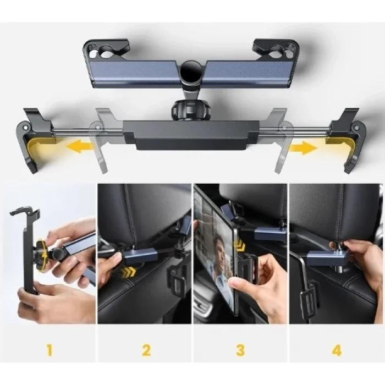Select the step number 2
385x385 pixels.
[x=145, y=349]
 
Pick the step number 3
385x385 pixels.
[x=240, y=349]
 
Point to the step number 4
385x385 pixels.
[x=336, y=349]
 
